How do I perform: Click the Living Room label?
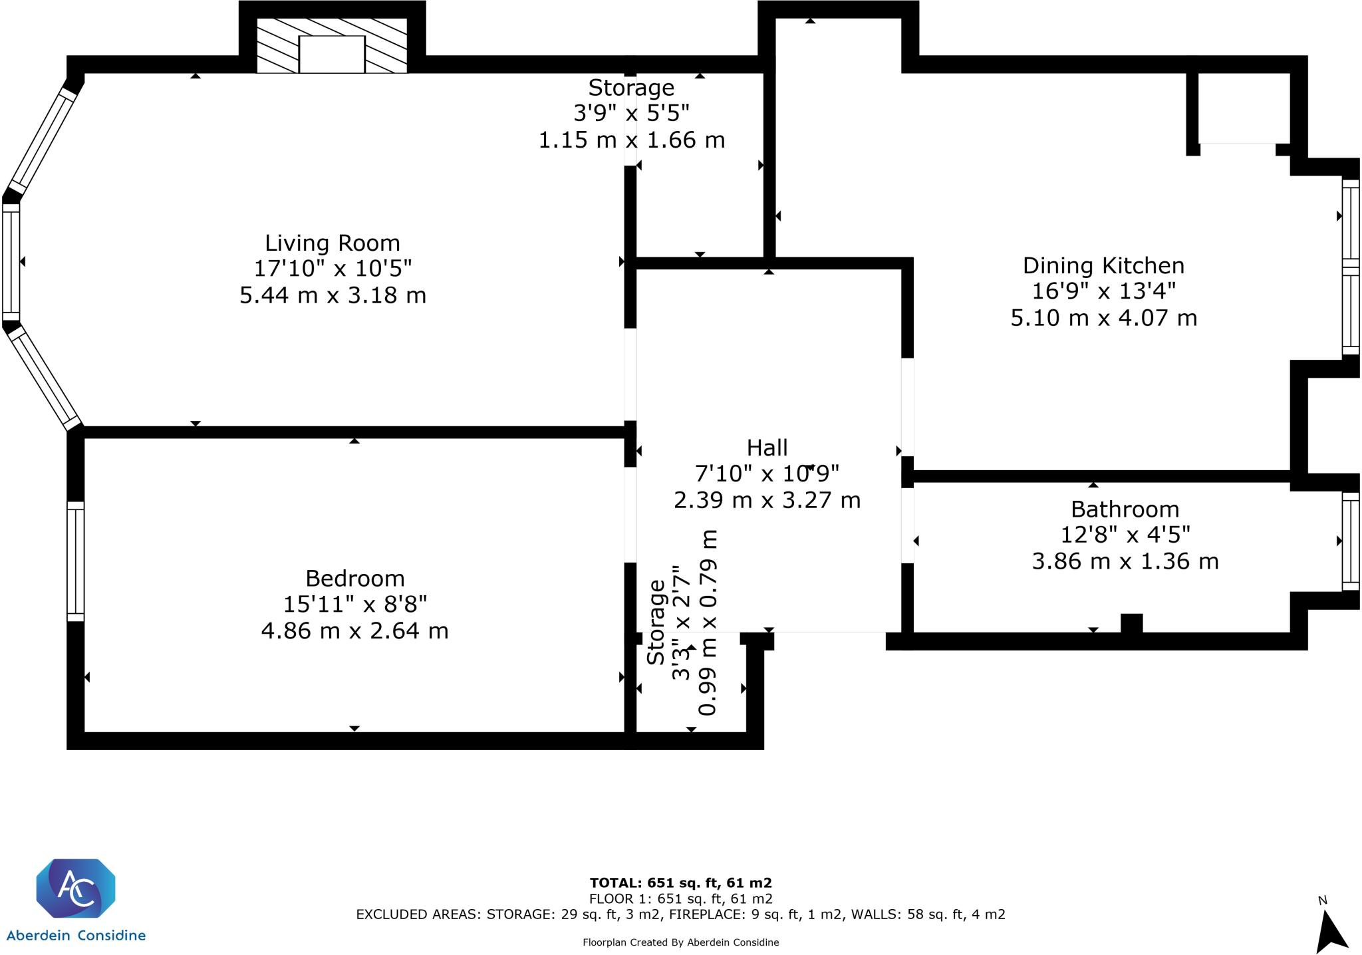pos(332,243)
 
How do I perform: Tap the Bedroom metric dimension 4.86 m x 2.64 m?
pos(354,630)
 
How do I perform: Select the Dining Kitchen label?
pos(1103,265)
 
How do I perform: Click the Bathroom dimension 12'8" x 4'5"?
pos(1125,535)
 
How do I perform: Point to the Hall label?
pos(767,448)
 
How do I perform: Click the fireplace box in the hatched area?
pos(332,54)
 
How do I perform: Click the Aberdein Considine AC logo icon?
pos(75,889)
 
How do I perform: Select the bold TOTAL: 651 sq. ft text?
pos(680,883)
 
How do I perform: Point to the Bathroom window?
pos(1350,541)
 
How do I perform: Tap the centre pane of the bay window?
pos(11,261)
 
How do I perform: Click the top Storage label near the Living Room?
pos(631,88)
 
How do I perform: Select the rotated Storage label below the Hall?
pos(656,622)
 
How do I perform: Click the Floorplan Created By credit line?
pos(680,942)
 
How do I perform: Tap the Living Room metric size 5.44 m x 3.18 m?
pos(333,295)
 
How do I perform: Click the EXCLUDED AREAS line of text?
pos(680,914)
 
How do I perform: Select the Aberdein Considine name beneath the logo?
pos(75,936)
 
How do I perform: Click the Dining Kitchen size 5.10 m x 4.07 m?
pos(1103,318)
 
